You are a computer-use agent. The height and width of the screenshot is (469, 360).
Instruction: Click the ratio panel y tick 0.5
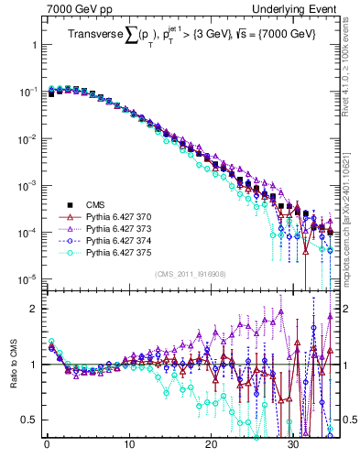(x=31, y=420)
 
